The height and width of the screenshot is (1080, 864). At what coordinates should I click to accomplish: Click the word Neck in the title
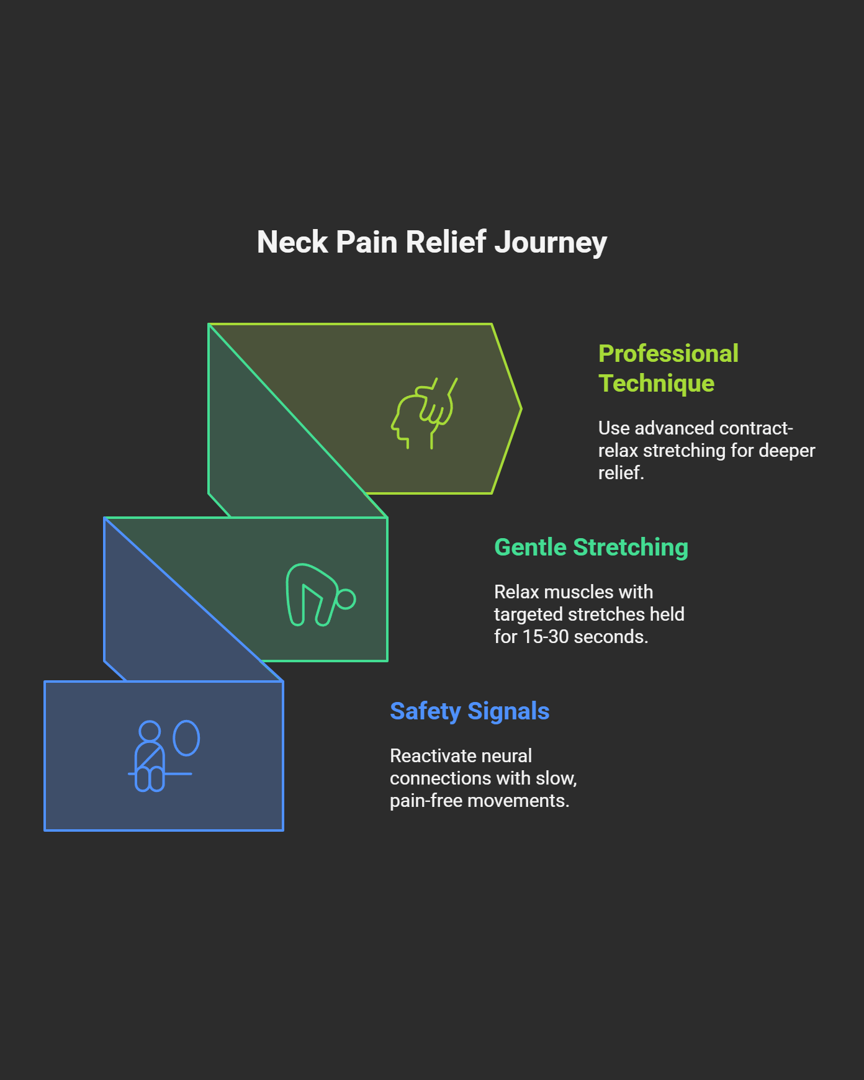tap(292, 242)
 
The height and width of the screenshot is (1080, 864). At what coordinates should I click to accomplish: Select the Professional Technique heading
tap(668, 368)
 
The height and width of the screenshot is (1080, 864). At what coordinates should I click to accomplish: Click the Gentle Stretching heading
tap(591, 547)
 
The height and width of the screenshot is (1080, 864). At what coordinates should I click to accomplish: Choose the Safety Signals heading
tap(469, 711)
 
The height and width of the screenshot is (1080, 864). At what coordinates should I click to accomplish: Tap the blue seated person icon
tap(150, 757)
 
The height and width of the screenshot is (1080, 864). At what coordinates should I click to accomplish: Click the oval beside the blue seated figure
tap(186, 738)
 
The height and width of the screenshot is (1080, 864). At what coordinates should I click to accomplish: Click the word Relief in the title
tap(446, 242)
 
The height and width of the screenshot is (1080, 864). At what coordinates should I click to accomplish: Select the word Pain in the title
tap(367, 242)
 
